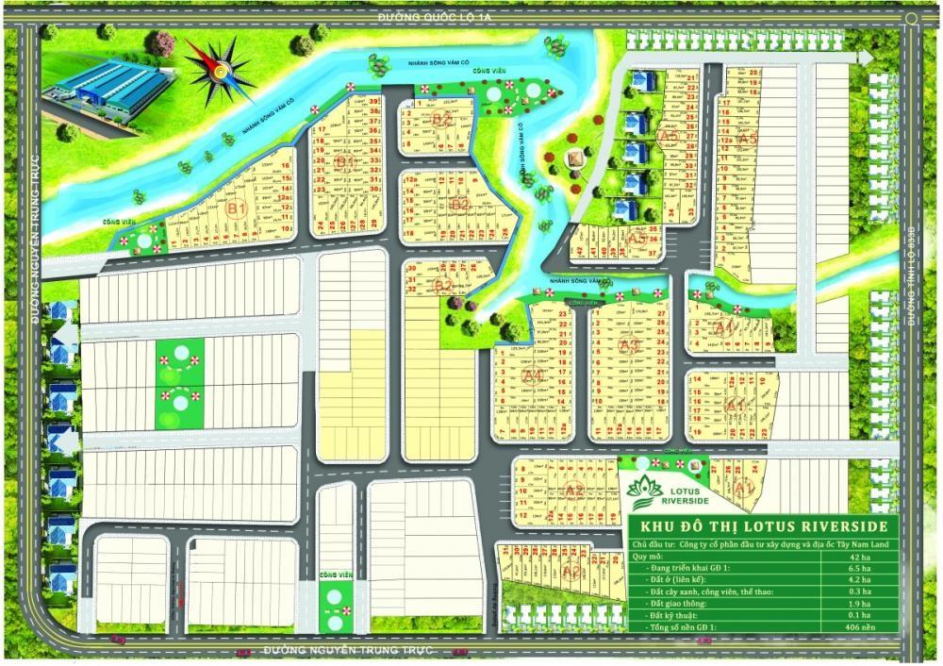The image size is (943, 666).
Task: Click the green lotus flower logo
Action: pos(648,489)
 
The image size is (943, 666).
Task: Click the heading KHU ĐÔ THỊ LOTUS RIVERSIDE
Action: pos(762,525)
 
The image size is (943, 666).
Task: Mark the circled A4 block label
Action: pos(532,375)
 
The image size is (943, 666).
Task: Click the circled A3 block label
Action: pos(630,345)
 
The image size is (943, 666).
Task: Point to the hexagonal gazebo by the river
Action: pos(572,158)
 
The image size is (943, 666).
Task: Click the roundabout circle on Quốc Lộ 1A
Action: pos(912,18)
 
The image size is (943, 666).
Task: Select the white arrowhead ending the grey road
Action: pos(864,58)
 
